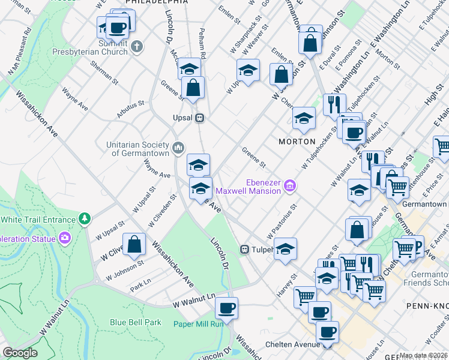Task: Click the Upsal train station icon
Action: coord(200,118)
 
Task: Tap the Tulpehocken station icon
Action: coord(245,250)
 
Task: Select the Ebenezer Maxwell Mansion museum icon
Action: coord(290,187)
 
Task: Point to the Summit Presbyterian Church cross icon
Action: coord(137,46)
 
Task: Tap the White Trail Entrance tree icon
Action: coord(85,219)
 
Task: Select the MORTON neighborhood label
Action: coord(297,141)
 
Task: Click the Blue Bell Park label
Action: coord(136,322)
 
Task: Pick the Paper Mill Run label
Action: coord(198,324)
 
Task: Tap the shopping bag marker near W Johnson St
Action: coord(135,244)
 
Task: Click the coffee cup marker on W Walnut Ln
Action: coord(226,308)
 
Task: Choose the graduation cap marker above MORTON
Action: coord(304,118)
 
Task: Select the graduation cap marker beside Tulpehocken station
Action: coord(285,248)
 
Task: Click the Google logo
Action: coord(20,353)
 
